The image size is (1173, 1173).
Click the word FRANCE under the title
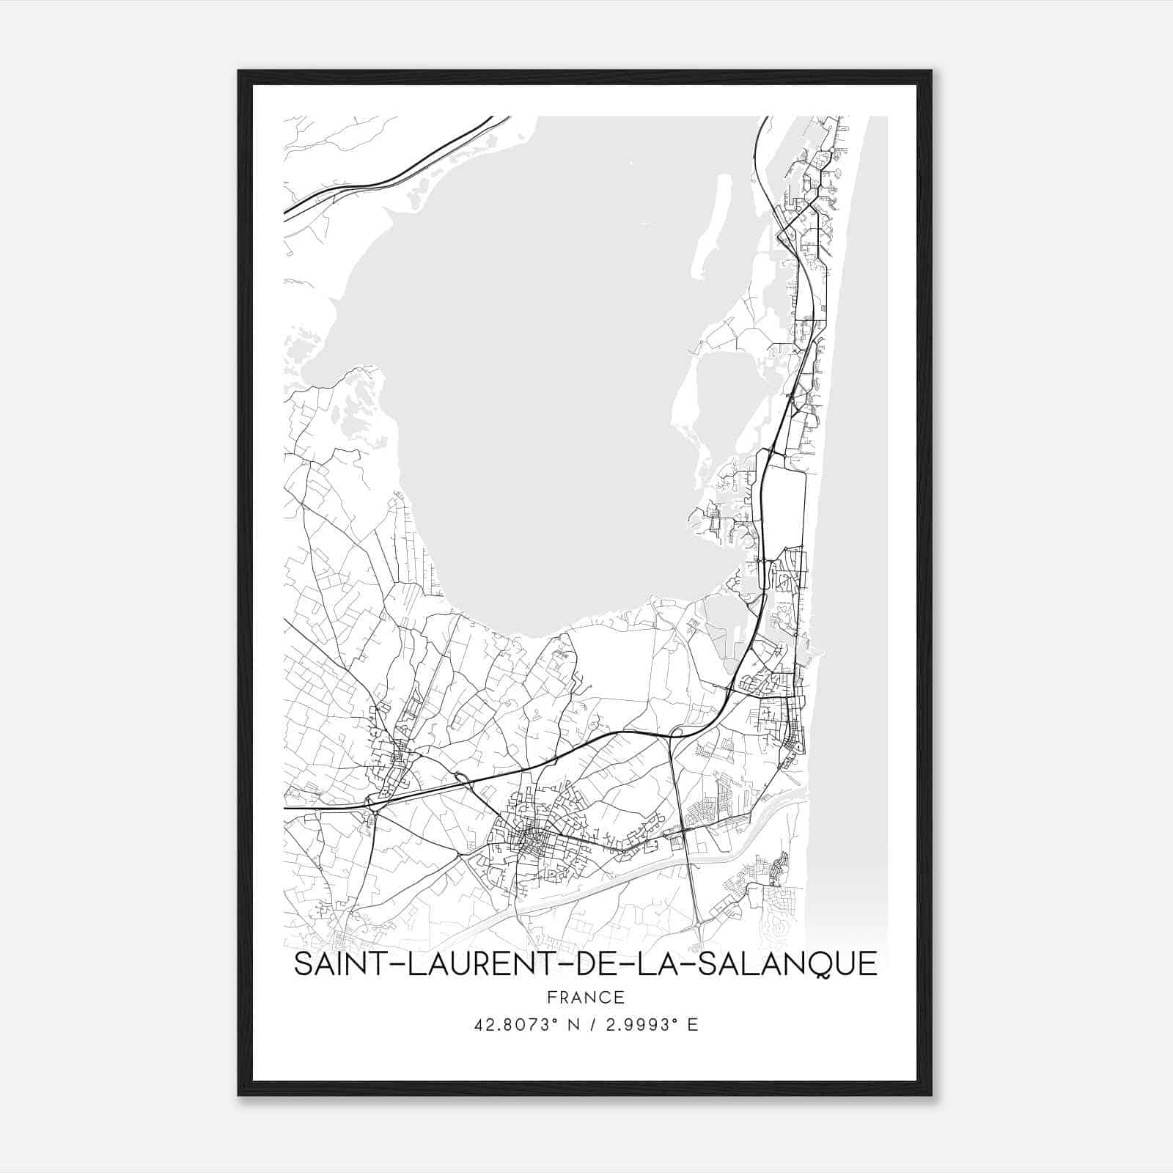coord(585,997)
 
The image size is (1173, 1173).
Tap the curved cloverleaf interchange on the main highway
coord(677,730)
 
